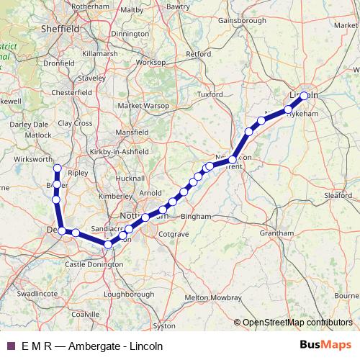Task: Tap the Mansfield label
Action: pos(134,133)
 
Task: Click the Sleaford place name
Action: pos(337,194)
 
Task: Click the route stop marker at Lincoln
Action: pos(304,95)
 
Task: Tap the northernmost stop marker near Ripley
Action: pos(57,169)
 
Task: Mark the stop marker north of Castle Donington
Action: pos(108,245)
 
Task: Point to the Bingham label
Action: pos(197,216)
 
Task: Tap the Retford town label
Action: pos(199,54)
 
